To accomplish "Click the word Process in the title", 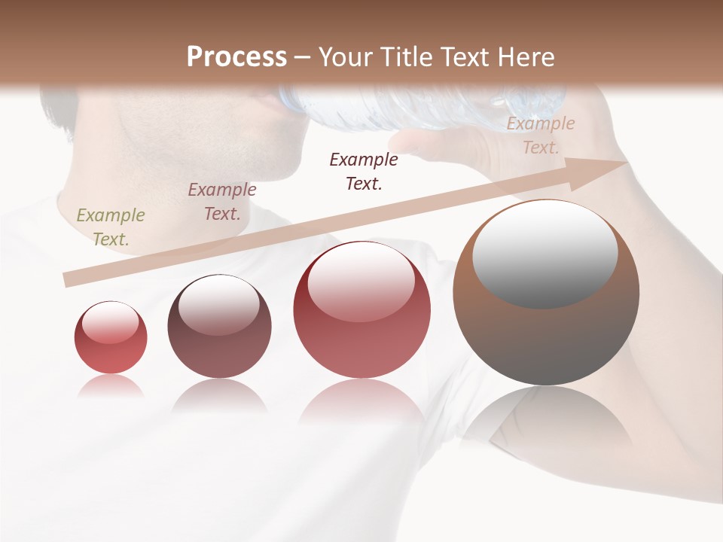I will pyautogui.click(x=236, y=57).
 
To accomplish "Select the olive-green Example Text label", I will pyautogui.click(x=110, y=227).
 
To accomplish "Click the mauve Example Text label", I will pyautogui.click(x=222, y=202).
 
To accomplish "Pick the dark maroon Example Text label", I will pyautogui.click(x=364, y=171).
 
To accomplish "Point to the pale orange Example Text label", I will pyautogui.click(x=541, y=135).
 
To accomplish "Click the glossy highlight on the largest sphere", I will pyautogui.click(x=545, y=252).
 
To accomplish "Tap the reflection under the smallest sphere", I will pyautogui.click(x=110, y=386).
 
